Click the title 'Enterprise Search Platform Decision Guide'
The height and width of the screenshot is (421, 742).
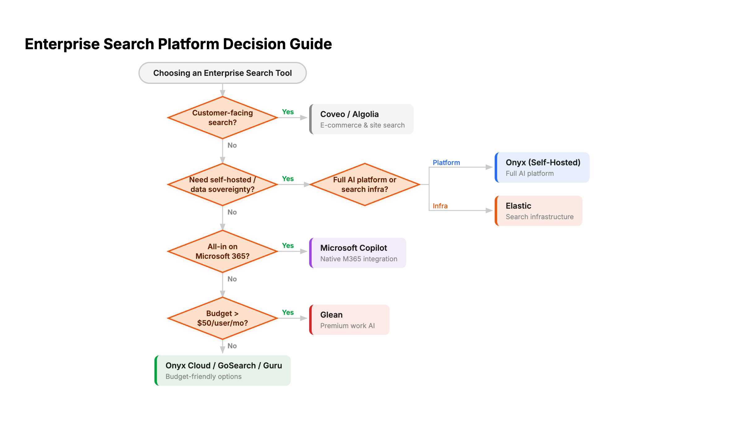click(178, 44)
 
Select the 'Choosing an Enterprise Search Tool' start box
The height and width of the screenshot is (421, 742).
click(222, 73)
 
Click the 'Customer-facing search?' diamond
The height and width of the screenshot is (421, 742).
click(222, 118)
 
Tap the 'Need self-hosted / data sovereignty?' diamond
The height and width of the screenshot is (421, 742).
click(222, 184)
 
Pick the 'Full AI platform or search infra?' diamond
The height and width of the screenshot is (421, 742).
click(365, 184)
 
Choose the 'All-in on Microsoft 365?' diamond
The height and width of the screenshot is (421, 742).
click(222, 251)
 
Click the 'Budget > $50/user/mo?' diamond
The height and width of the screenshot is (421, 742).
click(222, 318)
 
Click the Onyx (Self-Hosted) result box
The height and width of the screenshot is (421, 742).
click(542, 167)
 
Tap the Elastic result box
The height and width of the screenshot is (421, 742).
click(539, 211)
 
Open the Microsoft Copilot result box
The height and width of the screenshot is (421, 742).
click(358, 253)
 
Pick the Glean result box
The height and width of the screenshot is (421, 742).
click(349, 320)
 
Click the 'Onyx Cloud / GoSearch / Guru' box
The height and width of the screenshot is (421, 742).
click(223, 371)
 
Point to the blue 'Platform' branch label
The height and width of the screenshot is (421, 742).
click(446, 163)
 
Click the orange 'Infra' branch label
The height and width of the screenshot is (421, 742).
click(440, 206)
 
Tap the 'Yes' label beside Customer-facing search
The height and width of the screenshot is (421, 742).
click(288, 112)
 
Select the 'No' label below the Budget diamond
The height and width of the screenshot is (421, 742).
click(232, 346)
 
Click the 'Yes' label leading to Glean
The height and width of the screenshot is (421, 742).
click(288, 312)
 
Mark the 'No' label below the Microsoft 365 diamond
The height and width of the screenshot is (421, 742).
click(232, 279)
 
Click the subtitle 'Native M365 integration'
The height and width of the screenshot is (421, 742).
click(359, 259)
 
